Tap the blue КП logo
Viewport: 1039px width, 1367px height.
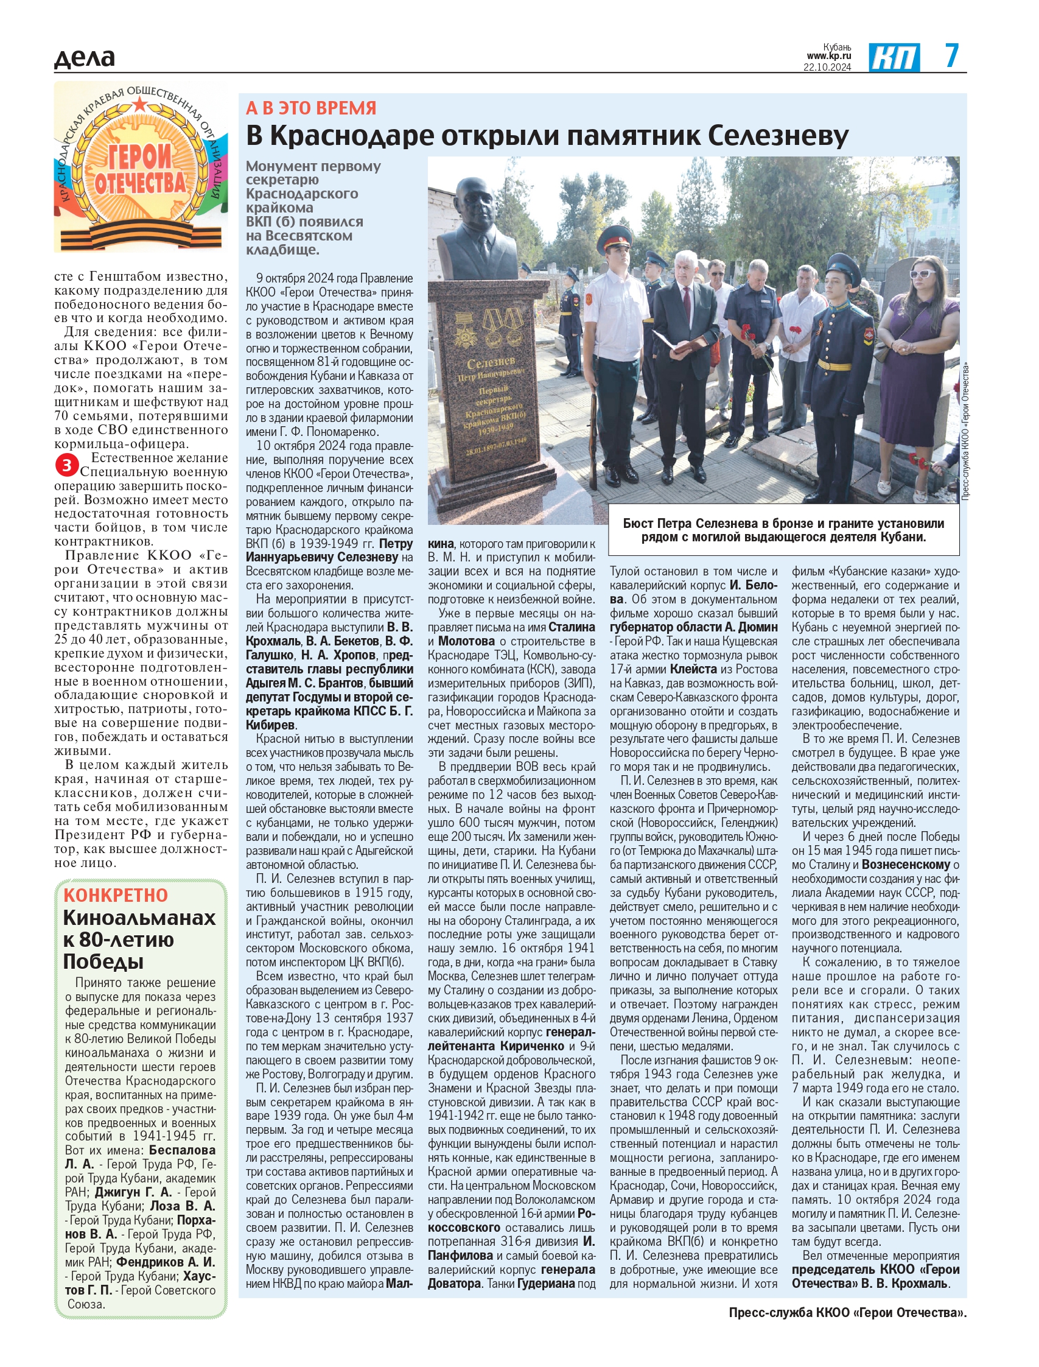coord(894,57)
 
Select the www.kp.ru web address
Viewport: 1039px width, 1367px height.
coord(829,56)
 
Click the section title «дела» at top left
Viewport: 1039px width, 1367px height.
coord(84,57)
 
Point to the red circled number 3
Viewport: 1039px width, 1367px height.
coord(66,465)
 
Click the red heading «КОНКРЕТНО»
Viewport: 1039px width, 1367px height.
coord(116,895)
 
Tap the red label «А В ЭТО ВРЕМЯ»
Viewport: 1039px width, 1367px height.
coord(311,108)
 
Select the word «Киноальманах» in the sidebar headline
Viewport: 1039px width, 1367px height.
coord(139,918)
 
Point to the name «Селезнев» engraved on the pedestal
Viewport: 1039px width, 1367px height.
coord(491,363)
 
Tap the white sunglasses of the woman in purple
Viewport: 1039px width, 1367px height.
coord(922,273)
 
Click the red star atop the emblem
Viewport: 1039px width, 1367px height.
coord(141,103)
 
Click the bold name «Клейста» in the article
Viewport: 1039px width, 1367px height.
coord(693,669)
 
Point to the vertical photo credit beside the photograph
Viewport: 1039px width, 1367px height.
coord(965,433)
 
